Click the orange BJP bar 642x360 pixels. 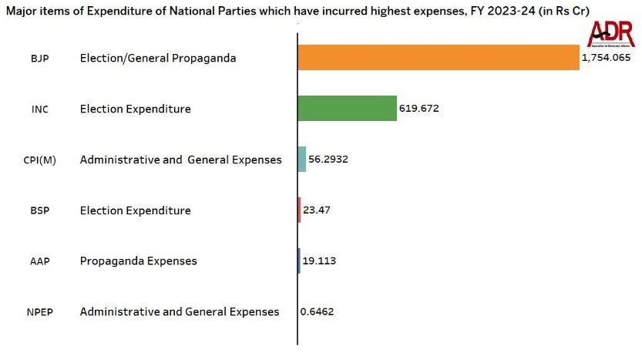click(x=438, y=58)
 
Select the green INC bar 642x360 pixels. click(x=347, y=109)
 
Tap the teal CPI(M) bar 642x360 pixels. click(x=302, y=160)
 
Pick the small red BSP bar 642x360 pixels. click(x=299, y=210)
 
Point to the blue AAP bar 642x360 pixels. click(x=299, y=261)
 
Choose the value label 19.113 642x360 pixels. click(x=318, y=261)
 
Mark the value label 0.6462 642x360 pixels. click(x=318, y=311)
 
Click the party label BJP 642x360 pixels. click(x=39, y=59)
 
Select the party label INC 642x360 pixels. click(x=39, y=109)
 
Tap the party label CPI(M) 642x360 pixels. click(x=40, y=160)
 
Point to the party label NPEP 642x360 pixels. click(x=40, y=311)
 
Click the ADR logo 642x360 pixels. click(x=610, y=34)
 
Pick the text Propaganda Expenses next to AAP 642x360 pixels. click(x=138, y=261)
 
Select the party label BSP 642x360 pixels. click(x=39, y=210)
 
